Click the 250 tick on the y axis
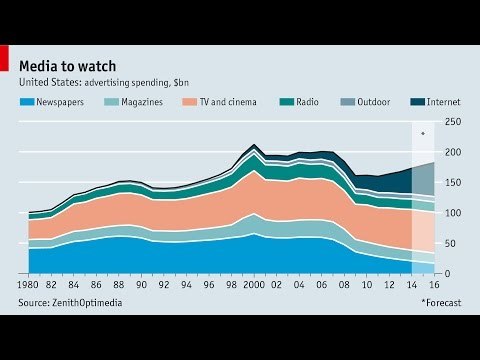pyautogui.click(x=452, y=122)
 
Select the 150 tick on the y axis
pyautogui.click(x=452, y=183)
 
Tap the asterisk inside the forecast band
pyautogui.click(x=423, y=132)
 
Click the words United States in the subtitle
pyautogui.click(x=49, y=83)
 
